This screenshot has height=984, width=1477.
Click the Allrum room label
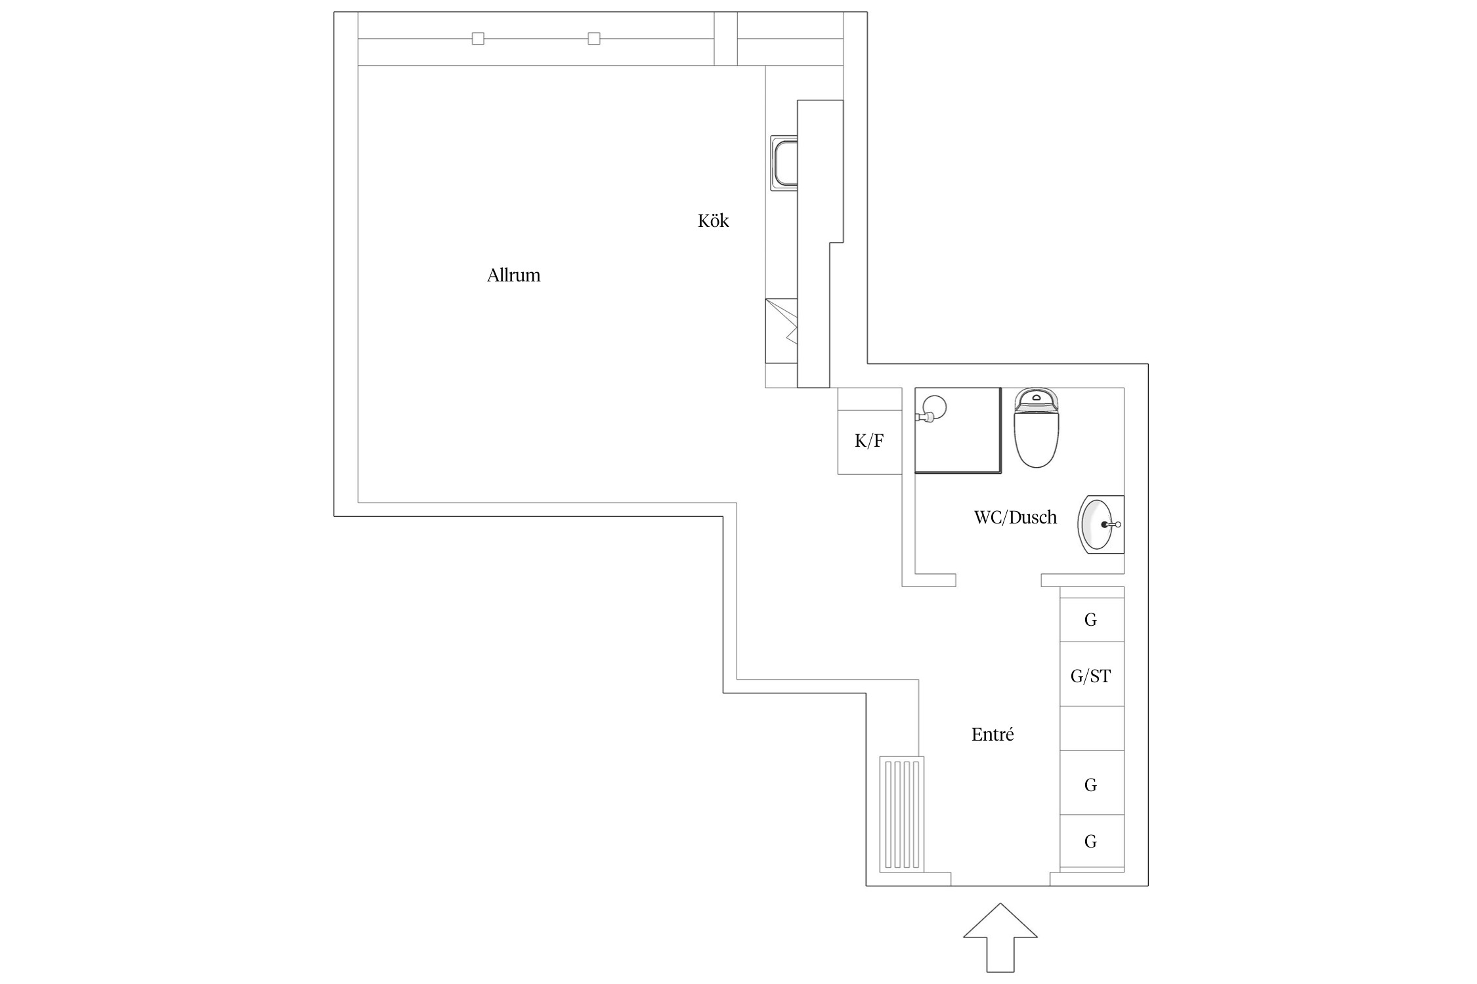[513, 276]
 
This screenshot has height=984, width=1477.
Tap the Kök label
[713, 221]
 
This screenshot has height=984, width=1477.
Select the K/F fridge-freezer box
[869, 441]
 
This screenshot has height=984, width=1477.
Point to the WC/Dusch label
[1015, 518]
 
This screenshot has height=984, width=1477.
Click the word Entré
[992, 735]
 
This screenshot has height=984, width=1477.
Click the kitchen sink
[784, 163]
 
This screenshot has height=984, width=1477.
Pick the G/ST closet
[1092, 675]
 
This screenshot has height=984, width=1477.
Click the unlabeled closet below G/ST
[1092, 728]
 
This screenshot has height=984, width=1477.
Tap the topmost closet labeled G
[1092, 619]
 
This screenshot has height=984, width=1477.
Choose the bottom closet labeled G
[1092, 841]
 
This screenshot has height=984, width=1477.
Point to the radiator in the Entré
[901, 814]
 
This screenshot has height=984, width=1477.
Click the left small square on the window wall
[478, 39]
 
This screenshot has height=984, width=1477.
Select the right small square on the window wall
[594, 39]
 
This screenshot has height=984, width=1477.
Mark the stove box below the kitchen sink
[781, 331]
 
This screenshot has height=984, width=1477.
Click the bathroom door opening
[998, 580]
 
